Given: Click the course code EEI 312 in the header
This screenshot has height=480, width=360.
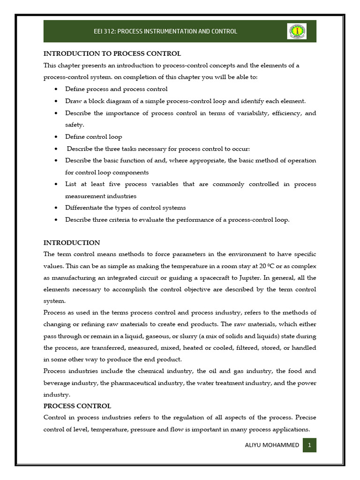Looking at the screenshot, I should [105, 31].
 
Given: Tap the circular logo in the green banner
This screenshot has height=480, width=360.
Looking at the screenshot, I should [296, 31].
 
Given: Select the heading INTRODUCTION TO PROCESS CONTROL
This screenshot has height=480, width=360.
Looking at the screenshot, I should [112, 53].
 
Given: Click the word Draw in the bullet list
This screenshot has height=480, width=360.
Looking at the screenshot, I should [73, 101].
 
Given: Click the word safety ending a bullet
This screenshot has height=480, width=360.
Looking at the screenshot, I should [75, 125].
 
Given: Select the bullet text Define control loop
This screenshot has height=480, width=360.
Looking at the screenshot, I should [93, 137].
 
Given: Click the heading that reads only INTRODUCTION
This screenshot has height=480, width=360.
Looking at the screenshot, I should [72, 243].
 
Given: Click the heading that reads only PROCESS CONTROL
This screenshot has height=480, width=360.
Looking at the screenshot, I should [77, 406].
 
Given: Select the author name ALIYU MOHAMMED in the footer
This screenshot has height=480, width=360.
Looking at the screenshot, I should [272, 445].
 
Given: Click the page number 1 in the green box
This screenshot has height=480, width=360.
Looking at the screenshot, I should [309, 445].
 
